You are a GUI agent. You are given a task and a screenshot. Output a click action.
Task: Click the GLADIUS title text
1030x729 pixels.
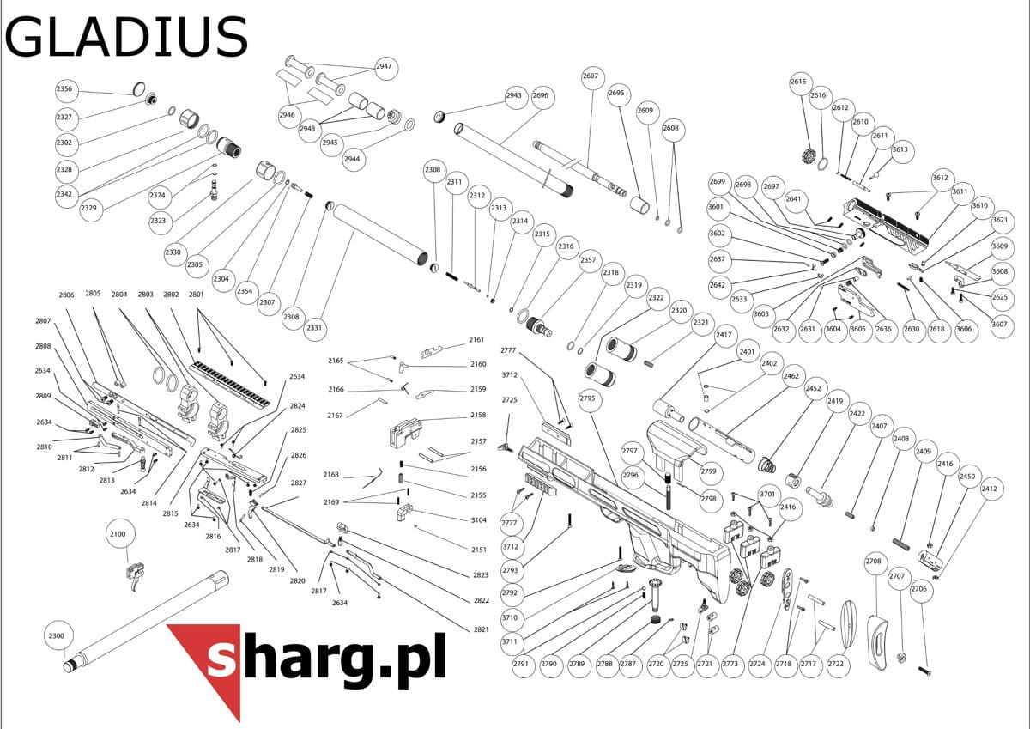[126, 37]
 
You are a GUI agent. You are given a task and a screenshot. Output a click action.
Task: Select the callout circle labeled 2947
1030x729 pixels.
[385, 68]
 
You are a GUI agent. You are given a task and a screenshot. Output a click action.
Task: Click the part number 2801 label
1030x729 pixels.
[196, 295]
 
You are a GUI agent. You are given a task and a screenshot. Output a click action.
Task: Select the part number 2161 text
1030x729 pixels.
[476, 340]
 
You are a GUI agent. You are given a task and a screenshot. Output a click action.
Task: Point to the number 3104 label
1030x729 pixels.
[479, 520]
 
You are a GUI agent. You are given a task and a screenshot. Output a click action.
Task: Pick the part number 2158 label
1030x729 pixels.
[478, 415]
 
